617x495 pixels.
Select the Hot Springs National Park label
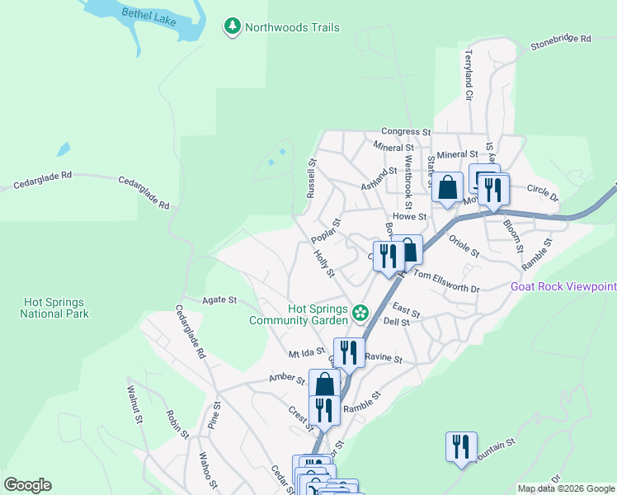pos(55,309)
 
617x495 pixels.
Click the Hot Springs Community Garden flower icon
pos(360,313)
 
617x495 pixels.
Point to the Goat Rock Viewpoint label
pos(563,287)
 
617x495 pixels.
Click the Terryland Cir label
pos(468,75)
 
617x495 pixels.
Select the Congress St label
pos(406,131)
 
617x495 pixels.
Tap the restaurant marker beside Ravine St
pos(349,352)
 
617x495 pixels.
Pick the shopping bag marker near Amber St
pos(324,384)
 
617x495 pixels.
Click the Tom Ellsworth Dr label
pos(445,281)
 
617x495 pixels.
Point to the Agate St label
pos(221,300)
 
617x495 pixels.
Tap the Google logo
pos(27,485)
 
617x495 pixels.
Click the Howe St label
pos(408,217)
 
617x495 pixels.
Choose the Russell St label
pos(311,179)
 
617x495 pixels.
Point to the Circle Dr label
pos(543,193)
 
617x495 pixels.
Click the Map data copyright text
pos(565,488)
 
